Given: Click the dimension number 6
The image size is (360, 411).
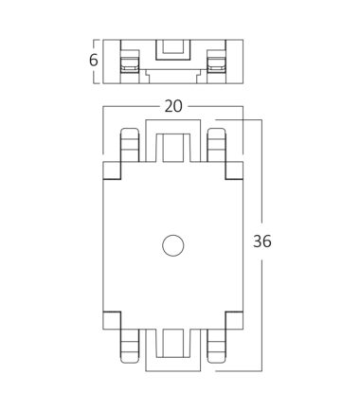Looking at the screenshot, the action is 94,61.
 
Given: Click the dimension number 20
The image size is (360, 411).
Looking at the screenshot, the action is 173,106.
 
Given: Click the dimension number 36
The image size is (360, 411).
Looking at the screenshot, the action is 262,241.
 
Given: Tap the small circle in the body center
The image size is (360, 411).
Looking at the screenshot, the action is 173,245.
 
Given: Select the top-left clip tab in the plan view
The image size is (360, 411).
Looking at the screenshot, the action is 130,145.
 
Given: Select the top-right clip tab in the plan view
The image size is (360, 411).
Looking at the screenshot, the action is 216,145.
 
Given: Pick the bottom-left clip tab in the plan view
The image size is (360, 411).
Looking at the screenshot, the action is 130,347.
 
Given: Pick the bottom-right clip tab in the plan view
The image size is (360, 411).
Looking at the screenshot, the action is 216,347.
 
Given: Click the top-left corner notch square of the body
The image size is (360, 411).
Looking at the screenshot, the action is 112,170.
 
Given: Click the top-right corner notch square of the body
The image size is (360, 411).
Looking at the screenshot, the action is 234,170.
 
